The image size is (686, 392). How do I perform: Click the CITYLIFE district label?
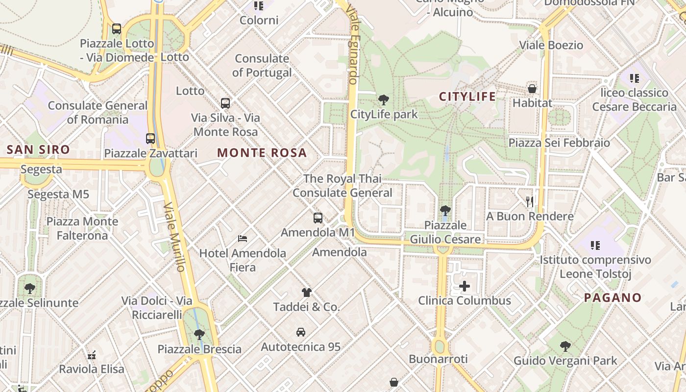[467, 97]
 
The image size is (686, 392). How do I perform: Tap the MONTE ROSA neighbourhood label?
[262, 153]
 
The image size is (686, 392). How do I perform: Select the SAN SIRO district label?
[39, 150]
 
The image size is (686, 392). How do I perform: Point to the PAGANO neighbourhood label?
[612, 298]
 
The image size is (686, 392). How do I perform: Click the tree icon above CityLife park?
[384, 100]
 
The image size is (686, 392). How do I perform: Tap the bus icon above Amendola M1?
[318, 218]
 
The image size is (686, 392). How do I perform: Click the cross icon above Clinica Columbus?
[465, 286]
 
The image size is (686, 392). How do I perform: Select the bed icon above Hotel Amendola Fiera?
[243, 239]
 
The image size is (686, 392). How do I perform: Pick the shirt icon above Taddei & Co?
[307, 293]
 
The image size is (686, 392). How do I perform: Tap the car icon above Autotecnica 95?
[301, 332]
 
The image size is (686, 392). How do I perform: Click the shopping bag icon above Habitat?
[532, 89]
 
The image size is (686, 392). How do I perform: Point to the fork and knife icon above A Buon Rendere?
[529, 201]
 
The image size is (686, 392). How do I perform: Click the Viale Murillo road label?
[174, 237]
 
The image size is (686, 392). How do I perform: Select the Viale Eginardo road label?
[352, 44]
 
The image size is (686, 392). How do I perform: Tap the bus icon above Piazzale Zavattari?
[150, 139]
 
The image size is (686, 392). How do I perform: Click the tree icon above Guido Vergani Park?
[565, 346]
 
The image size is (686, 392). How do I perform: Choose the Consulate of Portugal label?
[262, 66]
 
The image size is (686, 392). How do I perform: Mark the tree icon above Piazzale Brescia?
[199, 335]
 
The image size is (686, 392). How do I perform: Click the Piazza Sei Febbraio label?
[559, 143]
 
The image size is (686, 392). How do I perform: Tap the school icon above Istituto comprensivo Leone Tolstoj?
[595, 245]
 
